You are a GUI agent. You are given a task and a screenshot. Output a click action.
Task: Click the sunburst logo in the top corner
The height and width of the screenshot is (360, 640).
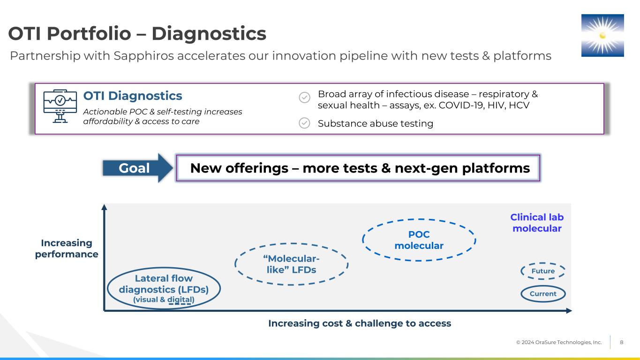tap(602, 35)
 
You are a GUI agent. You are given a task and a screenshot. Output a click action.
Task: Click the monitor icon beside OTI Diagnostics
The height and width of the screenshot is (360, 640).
tap(60, 107)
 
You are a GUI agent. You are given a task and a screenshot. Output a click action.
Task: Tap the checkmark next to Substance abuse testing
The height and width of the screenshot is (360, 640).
tap(304, 123)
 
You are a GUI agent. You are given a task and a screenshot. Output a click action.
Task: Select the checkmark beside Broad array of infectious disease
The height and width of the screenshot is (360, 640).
tap(304, 97)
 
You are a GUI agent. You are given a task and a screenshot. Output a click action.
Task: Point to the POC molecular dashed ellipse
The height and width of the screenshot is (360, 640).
tap(419, 240)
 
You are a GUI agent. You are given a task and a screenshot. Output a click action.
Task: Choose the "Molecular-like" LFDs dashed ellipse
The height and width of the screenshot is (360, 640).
tap(291, 264)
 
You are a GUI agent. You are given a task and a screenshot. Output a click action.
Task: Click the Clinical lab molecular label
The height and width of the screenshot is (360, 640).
tap(537, 223)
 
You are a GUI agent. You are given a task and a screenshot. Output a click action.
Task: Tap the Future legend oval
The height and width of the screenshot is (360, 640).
tap(543, 271)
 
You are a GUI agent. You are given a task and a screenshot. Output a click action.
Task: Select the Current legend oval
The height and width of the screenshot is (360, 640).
tap(543, 294)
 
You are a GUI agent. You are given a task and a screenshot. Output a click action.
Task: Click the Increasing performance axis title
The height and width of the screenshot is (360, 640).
tap(67, 248)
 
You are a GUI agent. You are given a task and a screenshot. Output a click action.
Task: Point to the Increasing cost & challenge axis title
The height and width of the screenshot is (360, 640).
tap(359, 323)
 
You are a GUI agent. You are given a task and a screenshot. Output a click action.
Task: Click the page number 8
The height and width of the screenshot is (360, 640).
tap(622, 342)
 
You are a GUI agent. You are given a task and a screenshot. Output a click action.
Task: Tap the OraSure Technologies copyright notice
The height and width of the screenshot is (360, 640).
tap(559, 343)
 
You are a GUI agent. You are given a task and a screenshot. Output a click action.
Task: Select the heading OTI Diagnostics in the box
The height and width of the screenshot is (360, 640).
tap(133, 96)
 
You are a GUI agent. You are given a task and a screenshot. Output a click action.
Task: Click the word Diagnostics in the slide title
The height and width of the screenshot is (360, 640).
tap(209, 34)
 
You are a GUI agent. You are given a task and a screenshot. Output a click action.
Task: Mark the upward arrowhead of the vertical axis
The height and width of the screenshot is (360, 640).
tap(105, 207)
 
